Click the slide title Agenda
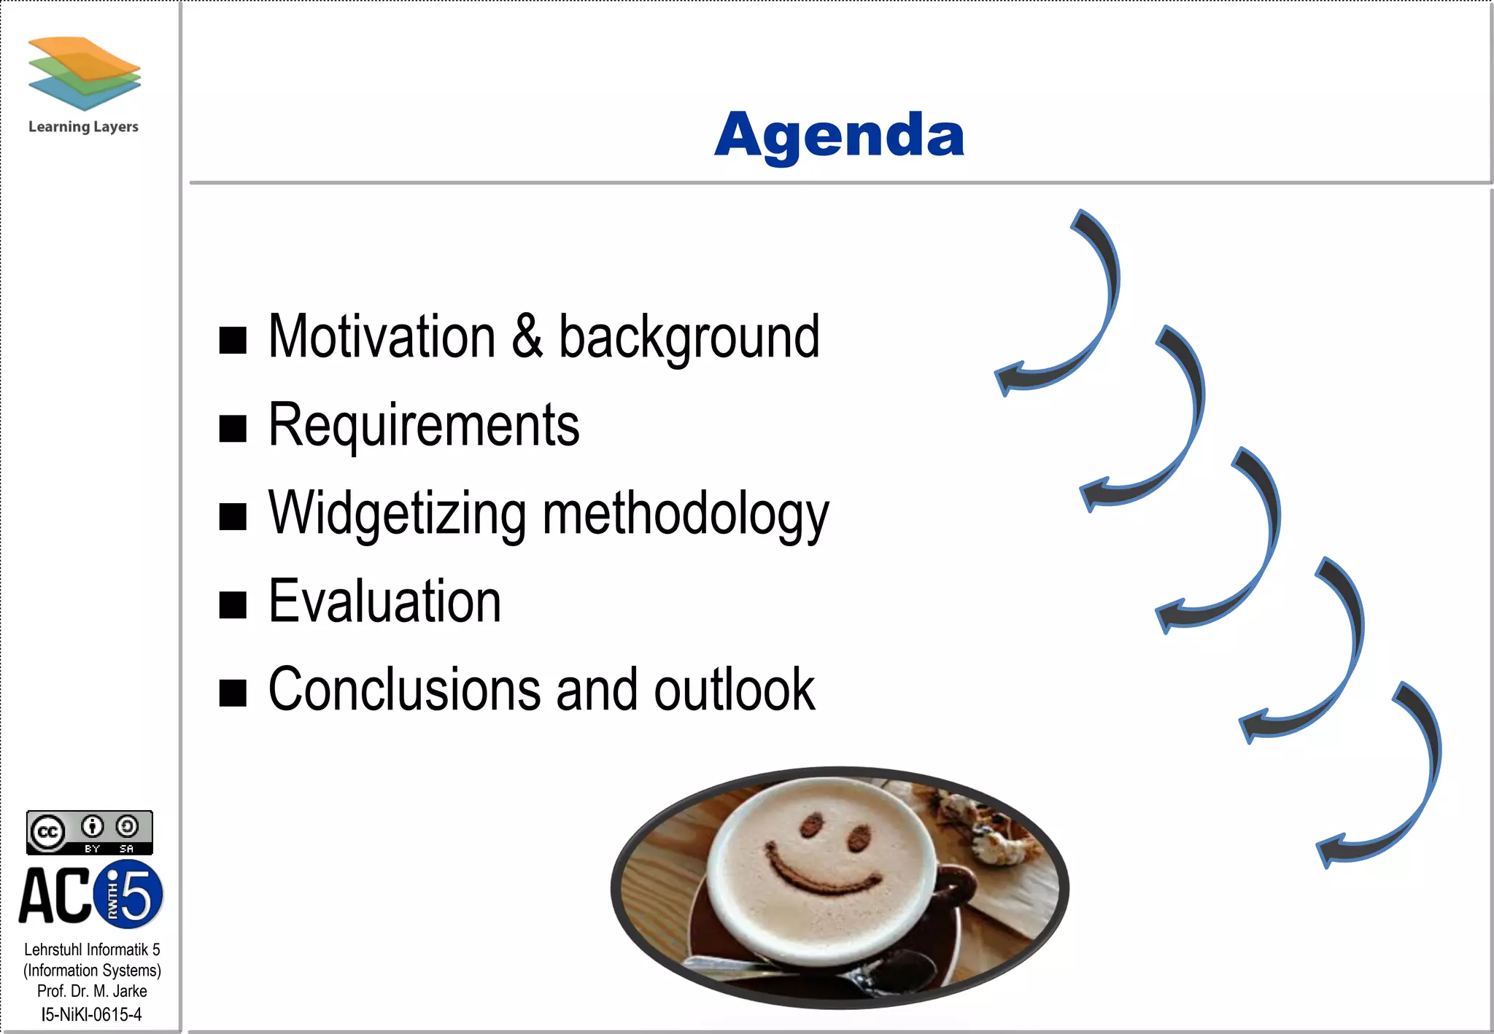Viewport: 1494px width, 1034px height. coord(839,136)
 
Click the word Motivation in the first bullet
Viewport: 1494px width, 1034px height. coord(382,337)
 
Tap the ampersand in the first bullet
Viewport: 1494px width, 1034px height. coord(527,337)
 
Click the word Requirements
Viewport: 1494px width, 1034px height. coord(424,426)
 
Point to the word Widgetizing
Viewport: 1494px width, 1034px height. coord(397,515)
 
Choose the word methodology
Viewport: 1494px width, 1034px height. coord(685,515)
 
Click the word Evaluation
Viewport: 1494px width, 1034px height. coord(384,602)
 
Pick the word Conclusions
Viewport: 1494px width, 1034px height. coord(403,690)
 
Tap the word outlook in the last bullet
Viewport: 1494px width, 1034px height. coord(734,690)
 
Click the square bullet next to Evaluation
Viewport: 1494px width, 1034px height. coord(233,605)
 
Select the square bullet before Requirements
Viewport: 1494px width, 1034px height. coord(233,428)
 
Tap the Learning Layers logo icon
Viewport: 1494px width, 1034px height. coord(84,73)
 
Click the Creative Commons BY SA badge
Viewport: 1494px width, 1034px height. coord(89,832)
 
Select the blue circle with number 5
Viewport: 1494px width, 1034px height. coord(131,895)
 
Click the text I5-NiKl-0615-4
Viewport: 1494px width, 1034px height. coord(91,1014)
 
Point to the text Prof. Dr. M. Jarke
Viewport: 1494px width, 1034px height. coord(92,992)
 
